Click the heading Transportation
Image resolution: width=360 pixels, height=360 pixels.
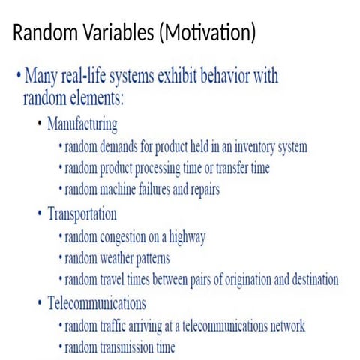tap(82, 214)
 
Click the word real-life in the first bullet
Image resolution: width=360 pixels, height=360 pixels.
tap(88, 76)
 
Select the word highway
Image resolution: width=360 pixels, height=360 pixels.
tap(183, 238)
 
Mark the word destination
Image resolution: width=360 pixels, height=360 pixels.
tap(313, 280)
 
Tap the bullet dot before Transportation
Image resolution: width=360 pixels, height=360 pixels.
tap(40, 214)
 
